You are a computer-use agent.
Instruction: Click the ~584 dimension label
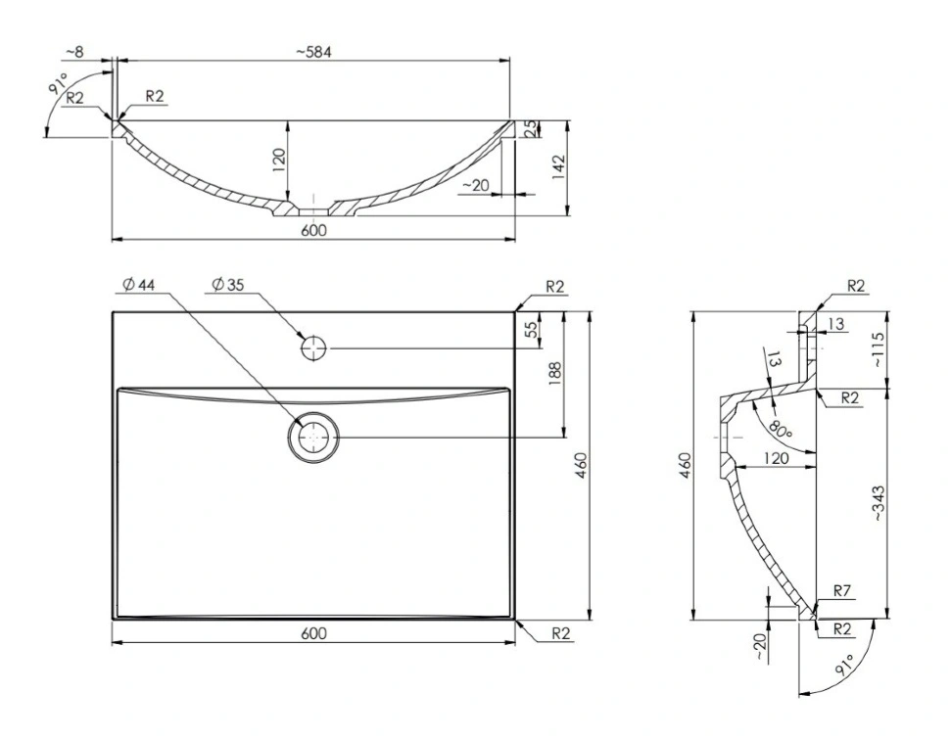coord(313,52)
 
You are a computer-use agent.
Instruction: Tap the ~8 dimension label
coord(75,52)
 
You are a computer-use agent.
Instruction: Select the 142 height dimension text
coord(558,167)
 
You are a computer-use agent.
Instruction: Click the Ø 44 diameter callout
coord(139,285)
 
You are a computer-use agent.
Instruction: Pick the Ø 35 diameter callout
coord(228,285)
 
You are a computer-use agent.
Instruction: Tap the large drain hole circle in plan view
coord(313,438)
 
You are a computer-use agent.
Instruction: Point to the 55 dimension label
coord(531,330)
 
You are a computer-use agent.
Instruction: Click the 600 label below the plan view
coord(313,633)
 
